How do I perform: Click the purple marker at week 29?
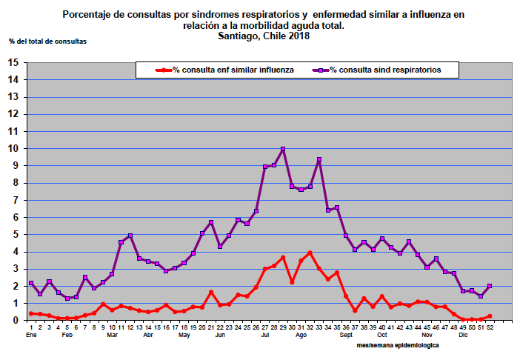pos(283,150)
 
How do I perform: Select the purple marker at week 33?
pos(319,160)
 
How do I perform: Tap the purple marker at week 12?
pos(130,236)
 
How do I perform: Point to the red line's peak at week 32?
pos(310,253)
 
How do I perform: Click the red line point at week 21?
pos(211,292)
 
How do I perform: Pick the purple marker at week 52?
pos(490,286)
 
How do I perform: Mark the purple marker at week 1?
pos(31,283)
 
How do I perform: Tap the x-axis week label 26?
pos(256,327)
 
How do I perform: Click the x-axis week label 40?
pos(381,327)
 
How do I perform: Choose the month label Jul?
pos(266,336)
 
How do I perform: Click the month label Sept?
pos(347,336)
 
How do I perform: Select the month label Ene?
pos(31,336)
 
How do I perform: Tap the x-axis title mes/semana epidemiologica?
pos(397,345)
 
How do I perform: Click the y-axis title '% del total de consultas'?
pos(47,41)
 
